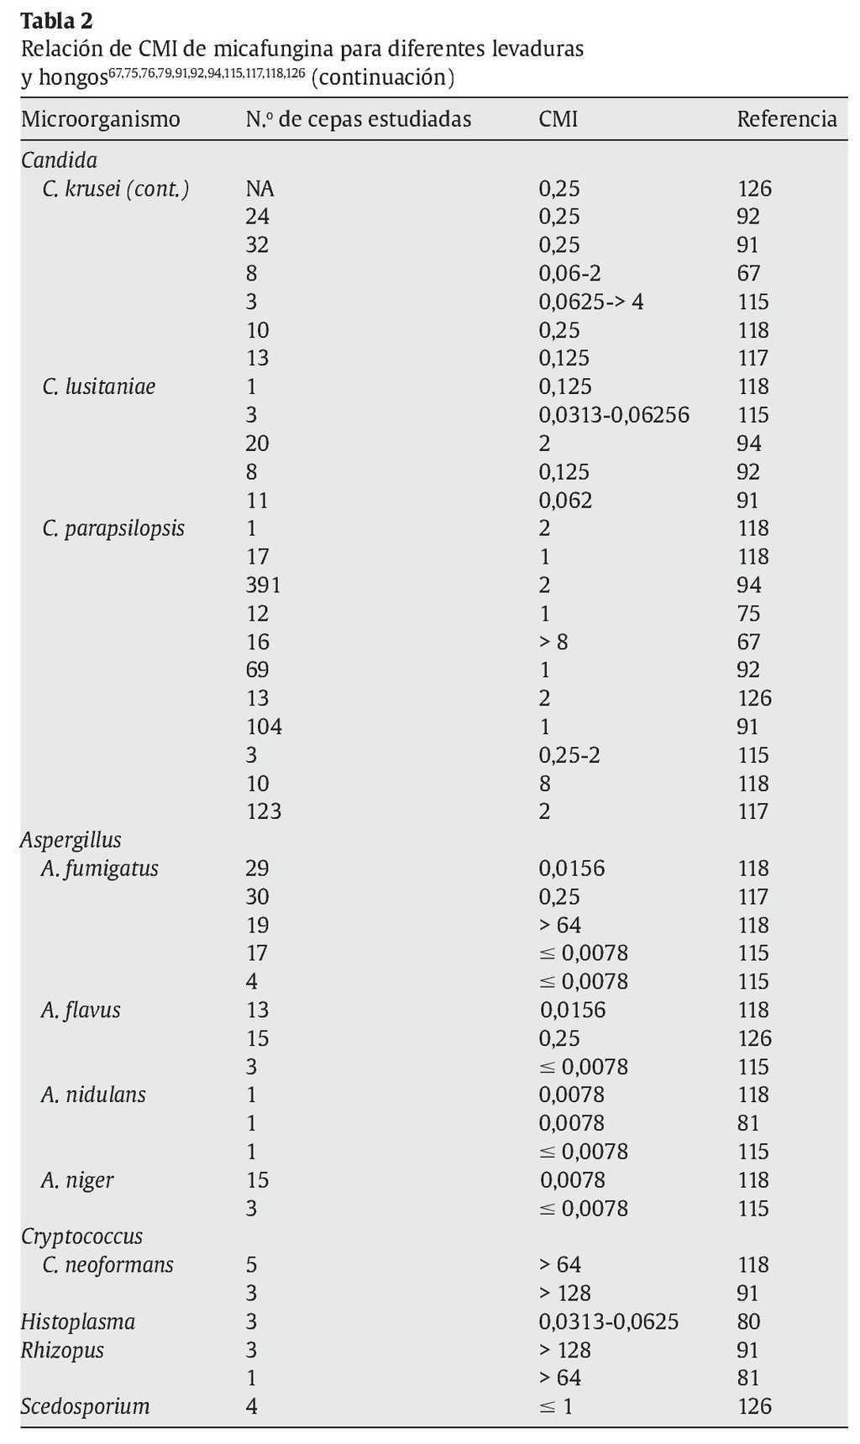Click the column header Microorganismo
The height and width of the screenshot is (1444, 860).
[100, 119]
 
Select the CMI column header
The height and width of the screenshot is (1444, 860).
[558, 119]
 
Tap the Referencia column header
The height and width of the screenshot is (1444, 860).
[786, 119]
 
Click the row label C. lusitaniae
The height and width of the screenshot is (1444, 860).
[98, 386]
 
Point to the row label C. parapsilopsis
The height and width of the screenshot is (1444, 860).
[113, 528]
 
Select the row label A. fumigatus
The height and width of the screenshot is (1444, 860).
[99, 869]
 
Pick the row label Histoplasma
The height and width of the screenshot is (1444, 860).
[77, 1322]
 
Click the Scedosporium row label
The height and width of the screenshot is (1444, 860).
[85, 1407]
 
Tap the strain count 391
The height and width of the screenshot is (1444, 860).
[263, 585]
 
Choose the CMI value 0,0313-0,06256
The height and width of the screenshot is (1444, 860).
[613, 415]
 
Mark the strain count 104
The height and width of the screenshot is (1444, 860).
[264, 727]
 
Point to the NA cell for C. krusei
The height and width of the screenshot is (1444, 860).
[260, 188]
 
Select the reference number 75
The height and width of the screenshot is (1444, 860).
[748, 613]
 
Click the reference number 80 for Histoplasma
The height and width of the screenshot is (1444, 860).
[748, 1322]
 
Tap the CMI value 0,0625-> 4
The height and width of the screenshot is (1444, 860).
[590, 302]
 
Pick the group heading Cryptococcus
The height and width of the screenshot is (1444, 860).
[81, 1237]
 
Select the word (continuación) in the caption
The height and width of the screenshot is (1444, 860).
[382, 77]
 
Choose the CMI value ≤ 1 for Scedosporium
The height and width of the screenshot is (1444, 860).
[555, 1407]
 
